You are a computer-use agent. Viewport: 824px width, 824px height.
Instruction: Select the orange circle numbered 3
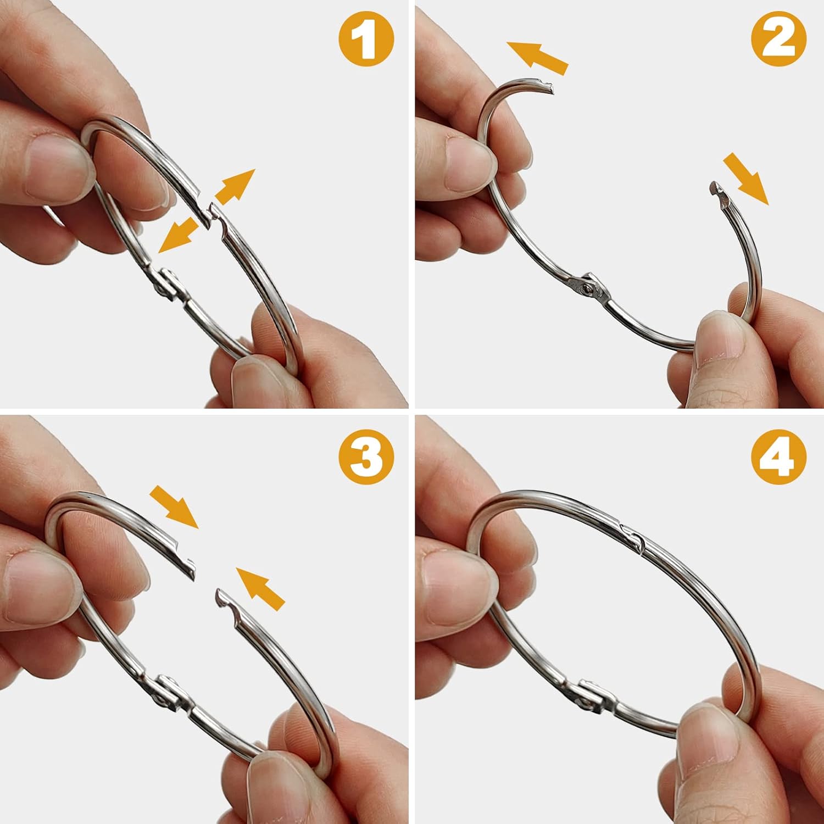click(367, 458)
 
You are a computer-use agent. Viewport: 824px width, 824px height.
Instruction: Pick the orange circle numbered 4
click(779, 458)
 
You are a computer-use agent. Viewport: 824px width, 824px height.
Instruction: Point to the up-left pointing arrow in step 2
click(537, 57)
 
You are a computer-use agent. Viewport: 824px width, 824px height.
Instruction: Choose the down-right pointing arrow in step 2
click(745, 179)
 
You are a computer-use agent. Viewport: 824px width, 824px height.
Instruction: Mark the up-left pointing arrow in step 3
click(260, 588)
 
